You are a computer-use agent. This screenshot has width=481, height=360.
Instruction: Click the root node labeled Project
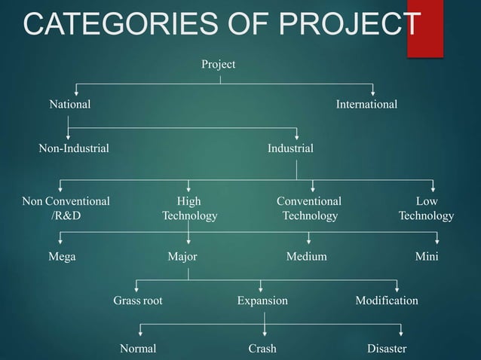pos(218,65)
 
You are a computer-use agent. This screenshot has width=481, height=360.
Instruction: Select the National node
pos(69,105)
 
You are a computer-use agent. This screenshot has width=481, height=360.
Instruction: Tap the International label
pos(366,105)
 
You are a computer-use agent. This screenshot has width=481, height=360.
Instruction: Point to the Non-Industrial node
pos(74,148)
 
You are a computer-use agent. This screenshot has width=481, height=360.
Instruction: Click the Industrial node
pos(290,148)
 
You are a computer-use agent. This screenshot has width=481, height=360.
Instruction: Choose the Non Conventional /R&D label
pos(66,209)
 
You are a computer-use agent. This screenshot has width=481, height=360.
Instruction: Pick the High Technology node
pos(189,209)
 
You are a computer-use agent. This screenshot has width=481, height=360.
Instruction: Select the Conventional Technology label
pos(309,209)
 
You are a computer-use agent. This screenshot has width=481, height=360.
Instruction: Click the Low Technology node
pos(426,209)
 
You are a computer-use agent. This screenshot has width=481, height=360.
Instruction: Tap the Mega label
pos(62,257)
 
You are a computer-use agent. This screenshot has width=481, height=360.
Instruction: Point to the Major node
pos(182,257)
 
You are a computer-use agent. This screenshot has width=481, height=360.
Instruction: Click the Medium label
pos(306,257)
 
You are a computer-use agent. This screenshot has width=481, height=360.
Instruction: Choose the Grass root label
pos(138,301)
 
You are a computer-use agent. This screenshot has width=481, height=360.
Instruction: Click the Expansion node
pos(262,301)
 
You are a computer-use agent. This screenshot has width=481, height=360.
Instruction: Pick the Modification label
pos(386,301)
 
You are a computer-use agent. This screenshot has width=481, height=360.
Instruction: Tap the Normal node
pos(138,349)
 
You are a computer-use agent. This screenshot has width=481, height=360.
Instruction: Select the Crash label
pos(262,349)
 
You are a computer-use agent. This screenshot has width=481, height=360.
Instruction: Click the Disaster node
pos(386,349)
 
